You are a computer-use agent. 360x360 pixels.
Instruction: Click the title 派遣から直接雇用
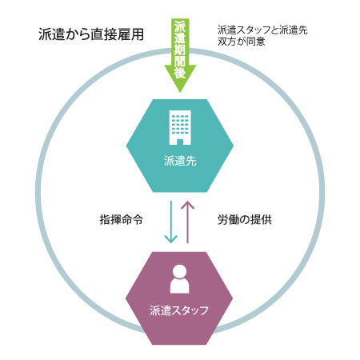91,34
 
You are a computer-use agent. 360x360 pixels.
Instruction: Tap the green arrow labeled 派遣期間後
180,55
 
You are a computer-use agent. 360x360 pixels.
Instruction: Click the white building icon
180,127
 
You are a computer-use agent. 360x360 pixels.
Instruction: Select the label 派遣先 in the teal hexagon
180,161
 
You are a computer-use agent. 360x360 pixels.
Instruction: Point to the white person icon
180,278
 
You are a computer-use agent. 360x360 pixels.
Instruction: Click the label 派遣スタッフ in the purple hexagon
179,310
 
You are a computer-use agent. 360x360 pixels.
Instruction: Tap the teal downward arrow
171,222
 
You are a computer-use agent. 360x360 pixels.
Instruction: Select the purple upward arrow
188,222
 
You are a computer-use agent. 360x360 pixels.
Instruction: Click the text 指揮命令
122,220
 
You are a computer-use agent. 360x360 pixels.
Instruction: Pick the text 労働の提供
245,220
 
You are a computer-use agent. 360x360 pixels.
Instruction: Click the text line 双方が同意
241,42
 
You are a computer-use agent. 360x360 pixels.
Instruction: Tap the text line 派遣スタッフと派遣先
262,30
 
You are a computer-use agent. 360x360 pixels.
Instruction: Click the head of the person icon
180,270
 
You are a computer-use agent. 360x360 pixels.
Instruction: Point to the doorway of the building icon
180,142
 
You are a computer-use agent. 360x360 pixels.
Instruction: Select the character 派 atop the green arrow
180,26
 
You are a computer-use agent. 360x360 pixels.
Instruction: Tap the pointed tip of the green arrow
180,92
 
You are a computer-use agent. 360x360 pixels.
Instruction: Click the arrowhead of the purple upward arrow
188,205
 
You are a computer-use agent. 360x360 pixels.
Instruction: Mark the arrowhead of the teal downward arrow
171,239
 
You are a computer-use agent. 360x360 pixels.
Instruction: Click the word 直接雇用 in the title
118,34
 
